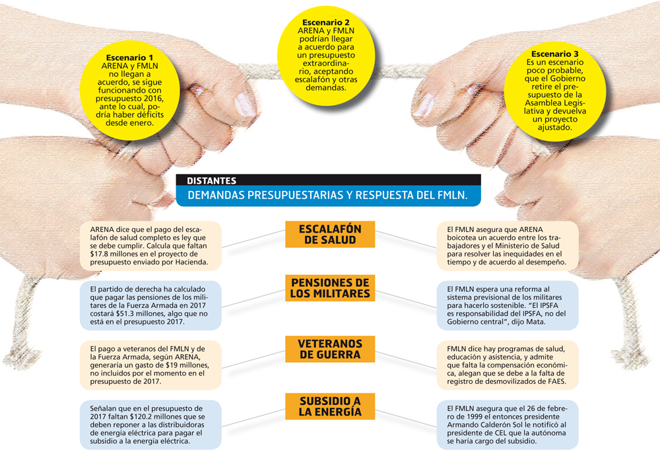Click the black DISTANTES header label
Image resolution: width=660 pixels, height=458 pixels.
(x=212, y=180)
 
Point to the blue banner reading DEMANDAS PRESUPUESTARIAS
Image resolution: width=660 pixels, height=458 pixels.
(x=328, y=195)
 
